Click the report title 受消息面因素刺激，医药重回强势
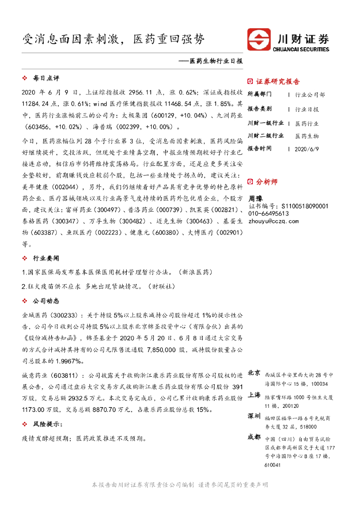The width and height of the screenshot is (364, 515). (x=114, y=39)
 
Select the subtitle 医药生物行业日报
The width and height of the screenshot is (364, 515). (x=213, y=61)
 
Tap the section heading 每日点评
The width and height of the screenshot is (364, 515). (x=46, y=78)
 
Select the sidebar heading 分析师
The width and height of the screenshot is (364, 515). (x=266, y=182)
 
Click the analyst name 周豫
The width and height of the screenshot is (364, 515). (x=256, y=199)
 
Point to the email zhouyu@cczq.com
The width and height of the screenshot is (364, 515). (x=274, y=221)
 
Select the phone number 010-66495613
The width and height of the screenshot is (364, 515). (x=268, y=214)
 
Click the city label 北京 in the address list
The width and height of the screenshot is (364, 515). (x=254, y=373)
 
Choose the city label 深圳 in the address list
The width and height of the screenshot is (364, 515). (x=254, y=416)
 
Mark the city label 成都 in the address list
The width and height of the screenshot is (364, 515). (x=254, y=438)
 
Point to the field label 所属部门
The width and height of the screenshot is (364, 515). (x=260, y=95)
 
